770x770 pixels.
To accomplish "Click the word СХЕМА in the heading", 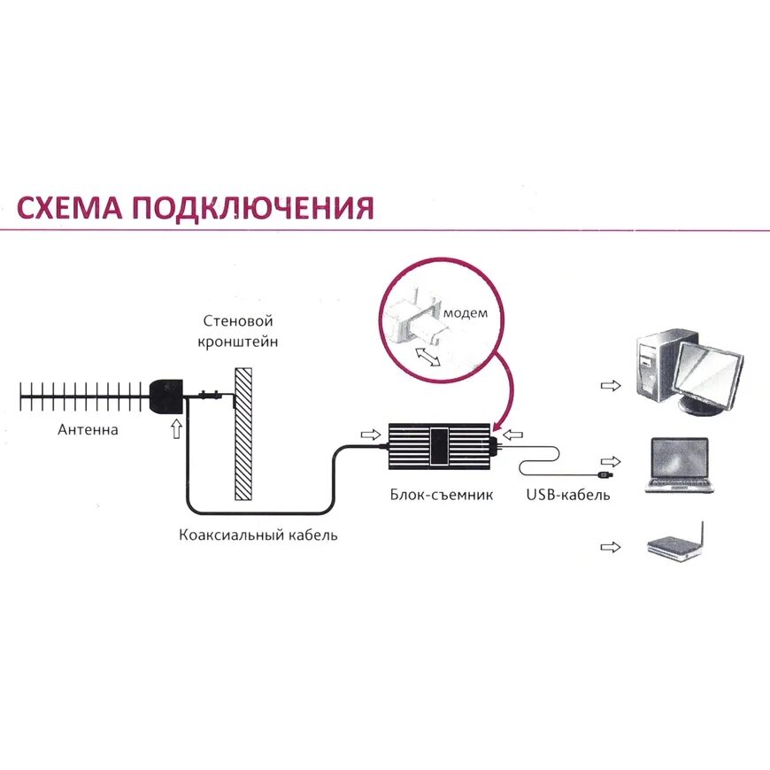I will (69, 209).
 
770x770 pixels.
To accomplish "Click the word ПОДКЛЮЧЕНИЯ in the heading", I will (252, 209).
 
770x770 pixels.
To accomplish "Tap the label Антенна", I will (88, 431).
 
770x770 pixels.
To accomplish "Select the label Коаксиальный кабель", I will (258, 535).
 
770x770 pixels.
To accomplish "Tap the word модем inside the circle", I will (466, 313).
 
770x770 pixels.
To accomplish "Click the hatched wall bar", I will (243, 434).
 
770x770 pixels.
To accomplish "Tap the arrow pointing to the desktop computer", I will (611, 386).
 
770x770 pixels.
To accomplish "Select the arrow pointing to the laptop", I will (611, 462).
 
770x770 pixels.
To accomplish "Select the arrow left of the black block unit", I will (369, 434).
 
